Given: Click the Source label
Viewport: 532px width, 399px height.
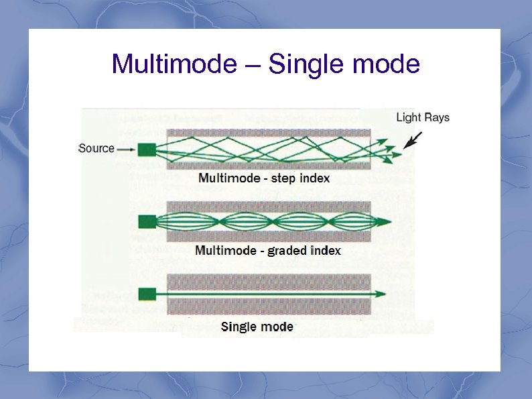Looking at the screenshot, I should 96,148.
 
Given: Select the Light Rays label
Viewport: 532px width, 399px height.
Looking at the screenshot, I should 423,117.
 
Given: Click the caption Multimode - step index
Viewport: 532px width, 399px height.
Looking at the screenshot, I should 264,178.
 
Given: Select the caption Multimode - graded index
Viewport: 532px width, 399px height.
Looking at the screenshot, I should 268,251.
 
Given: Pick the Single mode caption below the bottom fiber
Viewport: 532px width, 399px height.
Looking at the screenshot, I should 257,327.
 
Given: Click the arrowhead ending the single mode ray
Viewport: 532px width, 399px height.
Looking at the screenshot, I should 380,294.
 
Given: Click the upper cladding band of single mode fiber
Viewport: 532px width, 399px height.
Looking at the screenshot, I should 268,281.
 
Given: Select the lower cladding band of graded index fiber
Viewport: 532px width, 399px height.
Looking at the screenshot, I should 268,236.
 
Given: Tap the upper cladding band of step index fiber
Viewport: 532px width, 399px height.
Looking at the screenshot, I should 268,133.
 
